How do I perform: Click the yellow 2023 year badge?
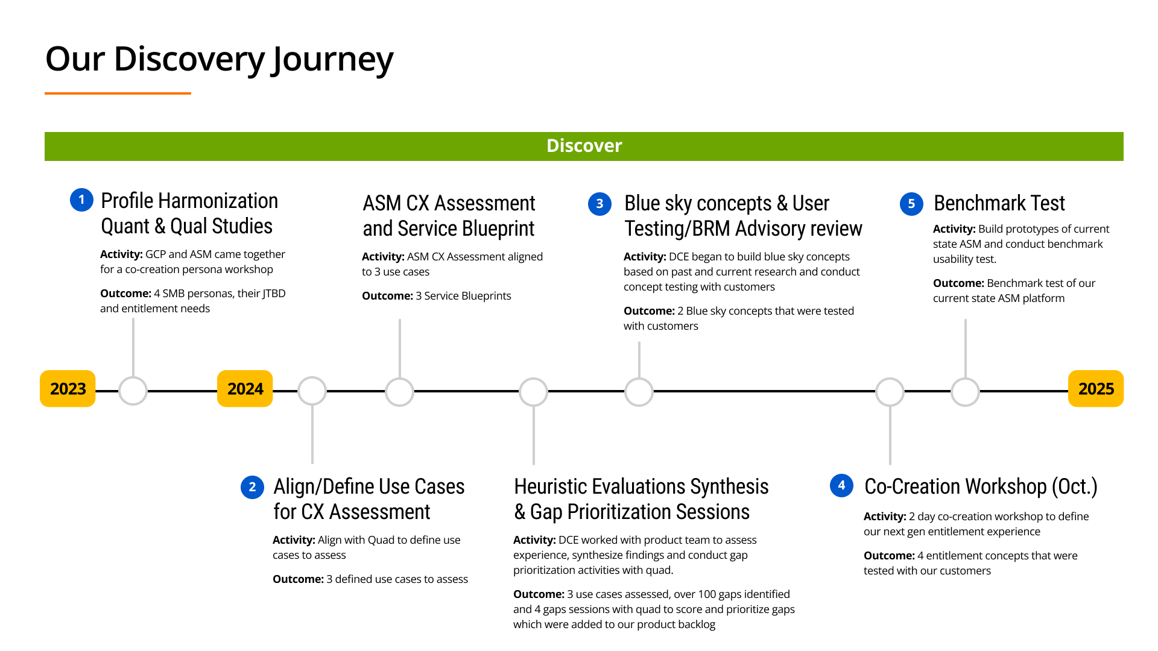pos(68,389)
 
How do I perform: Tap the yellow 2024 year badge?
pos(245,389)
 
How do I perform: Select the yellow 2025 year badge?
pos(1095,389)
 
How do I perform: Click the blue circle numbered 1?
pos(81,200)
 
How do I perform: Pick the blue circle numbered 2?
pos(252,487)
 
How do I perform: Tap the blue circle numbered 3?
pos(600,204)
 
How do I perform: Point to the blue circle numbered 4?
pos(841,485)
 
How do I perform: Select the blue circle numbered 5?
pos(911,204)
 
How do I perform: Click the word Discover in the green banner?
pos(584,146)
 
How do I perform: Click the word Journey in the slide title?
pos(332,60)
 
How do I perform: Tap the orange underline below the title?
pos(118,93)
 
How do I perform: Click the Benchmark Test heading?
pos(999,203)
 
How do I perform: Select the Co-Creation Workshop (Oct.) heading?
pos(981,486)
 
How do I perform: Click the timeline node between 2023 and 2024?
pos(133,391)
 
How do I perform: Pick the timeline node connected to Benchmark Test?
pos(965,392)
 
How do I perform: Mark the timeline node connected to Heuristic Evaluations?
pos(533,392)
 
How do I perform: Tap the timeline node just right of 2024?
pos(312,391)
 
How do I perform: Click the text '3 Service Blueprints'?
pos(463,296)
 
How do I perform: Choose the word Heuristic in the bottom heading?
pos(550,486)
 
